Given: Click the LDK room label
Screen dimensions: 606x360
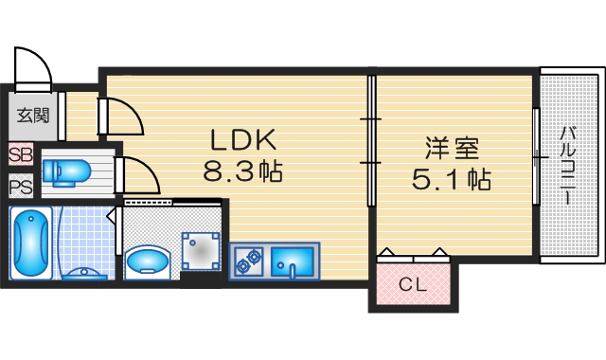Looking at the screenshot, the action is [242, 141].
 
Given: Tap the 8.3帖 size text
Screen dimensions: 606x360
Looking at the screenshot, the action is [242, 172].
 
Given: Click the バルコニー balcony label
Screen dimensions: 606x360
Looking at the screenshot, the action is [567, 165].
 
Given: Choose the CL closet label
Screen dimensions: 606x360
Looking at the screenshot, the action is [411, 283].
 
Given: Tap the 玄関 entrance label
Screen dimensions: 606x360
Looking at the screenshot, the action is [32, 116].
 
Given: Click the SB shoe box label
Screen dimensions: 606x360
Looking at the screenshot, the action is [20, 154].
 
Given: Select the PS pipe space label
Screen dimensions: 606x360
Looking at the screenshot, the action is [20, 186].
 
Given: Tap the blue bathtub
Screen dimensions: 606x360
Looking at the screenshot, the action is [32, 243].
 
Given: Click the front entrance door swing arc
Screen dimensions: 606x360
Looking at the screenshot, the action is [34, 66].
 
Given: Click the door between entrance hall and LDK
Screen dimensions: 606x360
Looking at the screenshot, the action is [120, 116].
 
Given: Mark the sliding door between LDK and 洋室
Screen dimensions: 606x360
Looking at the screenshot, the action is [371, 142].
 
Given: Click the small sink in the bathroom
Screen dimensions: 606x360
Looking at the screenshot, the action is [86, 274].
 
